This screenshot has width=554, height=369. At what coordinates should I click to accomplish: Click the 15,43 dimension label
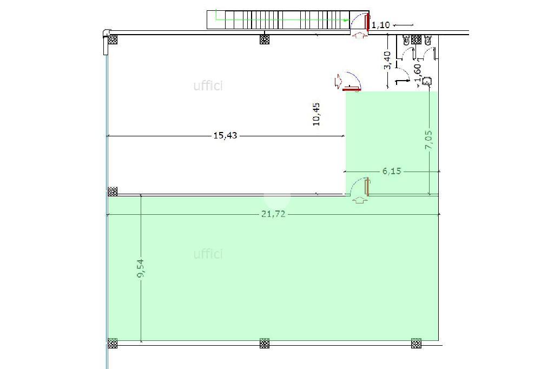coord(226,135)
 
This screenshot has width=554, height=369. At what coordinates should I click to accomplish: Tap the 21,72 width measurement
coord(273,214)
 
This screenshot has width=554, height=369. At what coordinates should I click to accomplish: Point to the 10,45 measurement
coord(316,114)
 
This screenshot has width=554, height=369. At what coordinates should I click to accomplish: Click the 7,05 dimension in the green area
coord(428,140)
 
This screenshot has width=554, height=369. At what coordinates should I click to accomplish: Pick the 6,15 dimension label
coord(392,171)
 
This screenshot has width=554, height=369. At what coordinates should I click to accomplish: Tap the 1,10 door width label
coord(380,25)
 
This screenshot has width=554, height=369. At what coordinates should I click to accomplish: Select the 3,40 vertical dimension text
coord(387,61)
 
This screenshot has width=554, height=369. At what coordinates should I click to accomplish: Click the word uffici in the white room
coord(208,85)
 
